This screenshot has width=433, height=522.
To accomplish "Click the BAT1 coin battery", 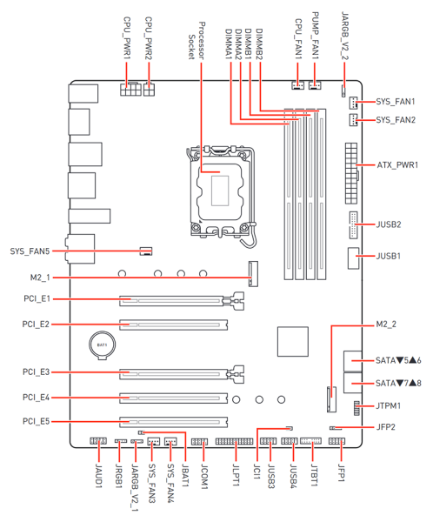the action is (x=103, y=345).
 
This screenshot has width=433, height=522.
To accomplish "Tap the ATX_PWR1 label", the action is (x=397, y=164).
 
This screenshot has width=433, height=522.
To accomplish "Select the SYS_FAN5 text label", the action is (x=30, y=251).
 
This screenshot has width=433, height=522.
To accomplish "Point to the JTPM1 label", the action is (x=388, y=405).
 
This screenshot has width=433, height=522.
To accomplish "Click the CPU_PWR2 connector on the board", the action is (x=149, y=89).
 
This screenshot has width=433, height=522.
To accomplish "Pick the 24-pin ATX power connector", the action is (x=351, y=173).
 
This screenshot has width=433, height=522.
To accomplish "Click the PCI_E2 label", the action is (x=36, y=324).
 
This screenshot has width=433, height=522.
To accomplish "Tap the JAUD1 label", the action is (x=98, y=476).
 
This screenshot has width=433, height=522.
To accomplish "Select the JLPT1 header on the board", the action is (x=234, y=441).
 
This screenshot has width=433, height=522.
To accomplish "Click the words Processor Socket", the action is (x=197, y=41).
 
